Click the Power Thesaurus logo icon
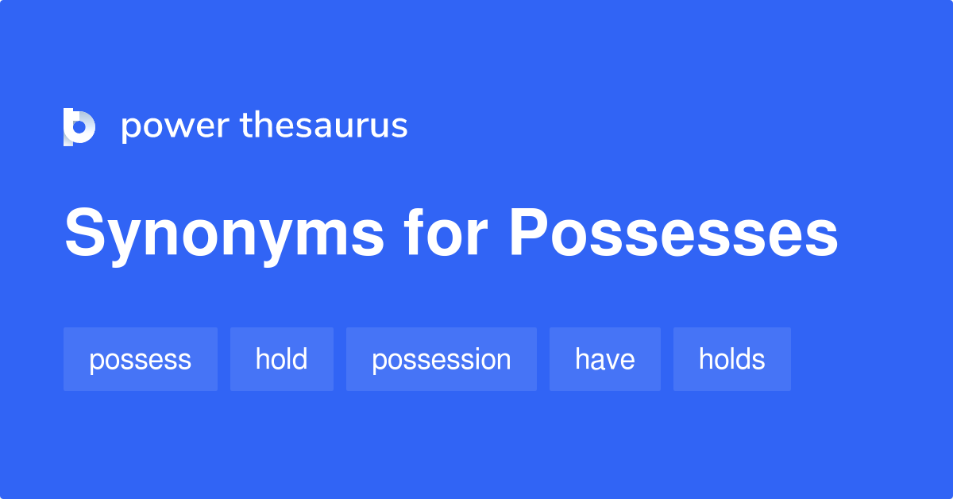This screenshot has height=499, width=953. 79,127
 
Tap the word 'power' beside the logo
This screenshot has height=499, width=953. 174,127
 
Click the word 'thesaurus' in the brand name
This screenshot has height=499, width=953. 324,126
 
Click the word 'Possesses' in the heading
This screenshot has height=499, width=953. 673,233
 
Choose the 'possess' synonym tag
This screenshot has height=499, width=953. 140,359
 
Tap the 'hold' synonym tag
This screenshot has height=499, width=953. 281,359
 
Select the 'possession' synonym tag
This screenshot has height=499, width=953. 441,359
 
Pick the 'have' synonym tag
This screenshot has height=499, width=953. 604,359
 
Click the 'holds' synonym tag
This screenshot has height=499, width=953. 731,359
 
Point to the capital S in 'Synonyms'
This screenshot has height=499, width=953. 87,233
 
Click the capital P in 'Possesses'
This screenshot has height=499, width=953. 530,233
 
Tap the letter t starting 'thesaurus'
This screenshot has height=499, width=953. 245,126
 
